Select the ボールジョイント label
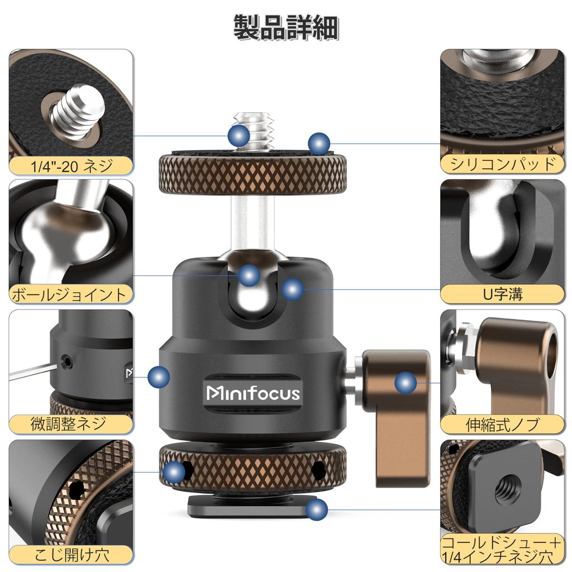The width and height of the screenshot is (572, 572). click(x=71, y=294)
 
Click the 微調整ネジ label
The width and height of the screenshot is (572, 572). click(x=71, y=423)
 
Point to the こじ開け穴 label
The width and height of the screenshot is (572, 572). click(x=71, y=554)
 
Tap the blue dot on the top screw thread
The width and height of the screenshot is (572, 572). click(x=239, y=135)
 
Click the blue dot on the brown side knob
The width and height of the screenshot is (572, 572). click(x=406, y=383)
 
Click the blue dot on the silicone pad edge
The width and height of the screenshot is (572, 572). click(x=319, y=143)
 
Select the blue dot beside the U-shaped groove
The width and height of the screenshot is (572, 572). click(x=293, y=289)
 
